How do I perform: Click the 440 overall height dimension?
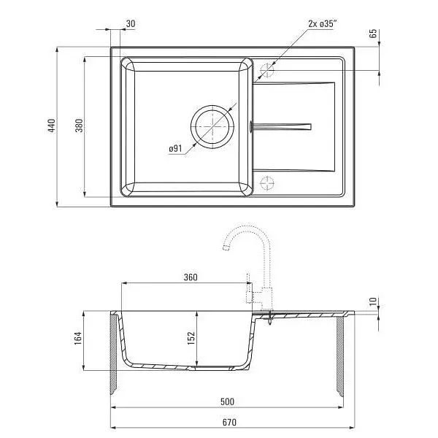52,126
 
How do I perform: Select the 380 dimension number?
80,126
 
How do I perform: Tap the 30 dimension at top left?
131,24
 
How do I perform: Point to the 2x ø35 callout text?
321,24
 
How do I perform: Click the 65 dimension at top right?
373,34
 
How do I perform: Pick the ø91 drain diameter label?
175,149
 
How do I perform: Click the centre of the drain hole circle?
212,126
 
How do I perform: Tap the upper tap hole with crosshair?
267,70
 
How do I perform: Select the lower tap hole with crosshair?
267,183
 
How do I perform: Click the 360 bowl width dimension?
191,277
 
